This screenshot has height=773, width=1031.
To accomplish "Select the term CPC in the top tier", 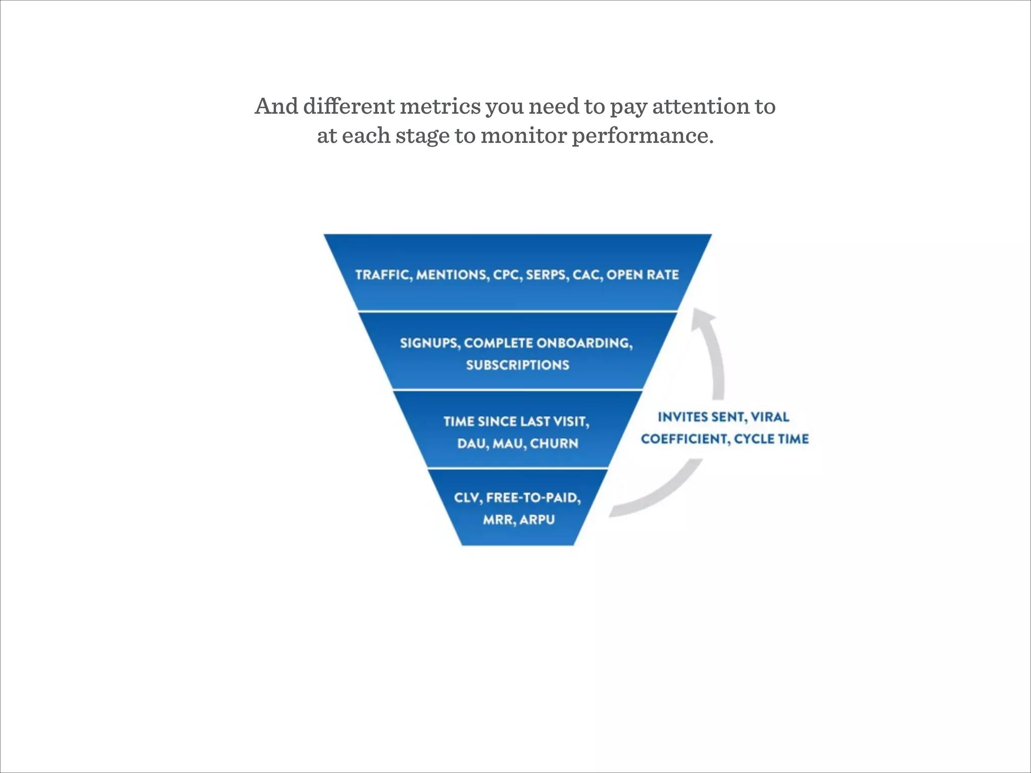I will coord(507,275).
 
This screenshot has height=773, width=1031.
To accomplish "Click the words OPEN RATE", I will coord(642,275).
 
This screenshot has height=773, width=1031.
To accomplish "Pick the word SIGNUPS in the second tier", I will coord(429,343).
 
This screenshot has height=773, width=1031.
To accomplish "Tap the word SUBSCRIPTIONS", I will coord(518,365).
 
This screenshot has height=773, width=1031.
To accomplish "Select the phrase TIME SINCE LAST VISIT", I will coord(516,421).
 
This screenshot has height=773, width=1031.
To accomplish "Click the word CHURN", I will coord(554,443).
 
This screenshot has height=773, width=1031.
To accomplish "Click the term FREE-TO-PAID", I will coord(533,498).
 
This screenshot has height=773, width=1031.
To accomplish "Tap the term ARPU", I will coord(537,519).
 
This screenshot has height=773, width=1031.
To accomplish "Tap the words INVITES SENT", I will coord(701,417).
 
